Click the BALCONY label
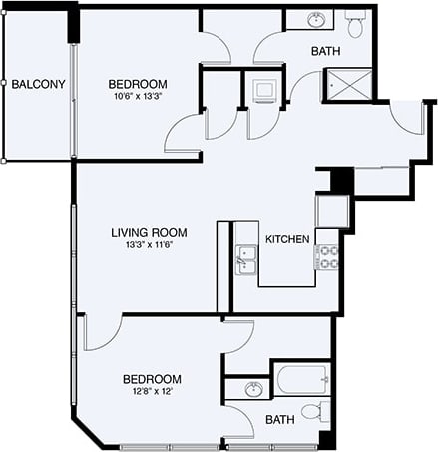click(38, 84)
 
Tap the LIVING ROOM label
click(149, 232)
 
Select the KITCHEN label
click(287, 239)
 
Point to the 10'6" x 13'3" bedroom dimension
click(138, 97)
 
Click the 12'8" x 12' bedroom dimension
click(151, 391)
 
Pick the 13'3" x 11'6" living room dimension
click(149, 245)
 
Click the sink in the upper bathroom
click(317, 20)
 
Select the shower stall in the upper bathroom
click(349, 85)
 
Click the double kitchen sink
click(246, 258)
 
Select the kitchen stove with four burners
click(326, 259)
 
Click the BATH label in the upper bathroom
click(326, 51)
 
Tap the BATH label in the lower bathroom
click(280, 420)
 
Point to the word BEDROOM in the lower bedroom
click(152, 379)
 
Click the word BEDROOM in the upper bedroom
click(138, 84)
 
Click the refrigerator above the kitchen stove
click(330, 211)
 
